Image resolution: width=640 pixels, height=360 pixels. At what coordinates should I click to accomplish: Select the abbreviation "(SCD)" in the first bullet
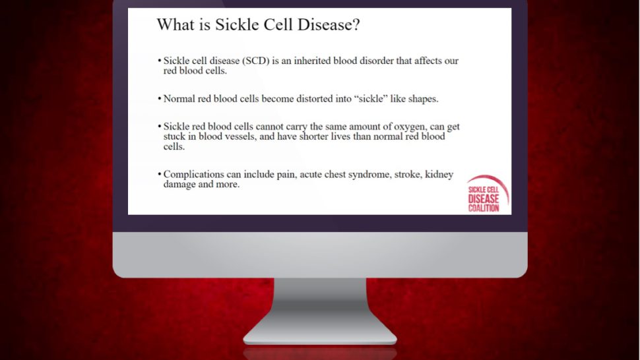257,61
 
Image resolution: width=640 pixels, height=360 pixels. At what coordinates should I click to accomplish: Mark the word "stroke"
404,174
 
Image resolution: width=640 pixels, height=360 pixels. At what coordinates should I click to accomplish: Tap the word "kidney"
440,174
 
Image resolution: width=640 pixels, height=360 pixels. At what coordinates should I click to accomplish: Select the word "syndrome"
361,174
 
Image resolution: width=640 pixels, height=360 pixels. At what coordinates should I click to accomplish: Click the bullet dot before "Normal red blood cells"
159,100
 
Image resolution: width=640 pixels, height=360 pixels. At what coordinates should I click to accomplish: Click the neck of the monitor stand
320,300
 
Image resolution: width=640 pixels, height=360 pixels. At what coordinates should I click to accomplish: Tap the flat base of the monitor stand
320,337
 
